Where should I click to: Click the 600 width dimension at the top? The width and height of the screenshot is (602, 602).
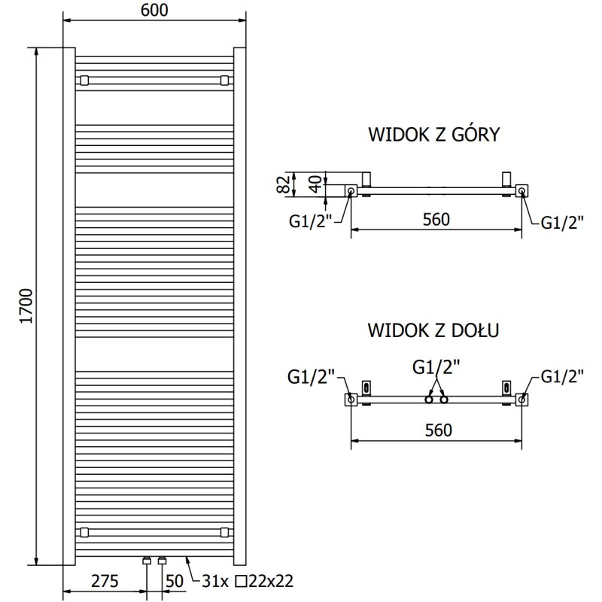point(154,10)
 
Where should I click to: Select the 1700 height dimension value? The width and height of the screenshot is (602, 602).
point(26,305)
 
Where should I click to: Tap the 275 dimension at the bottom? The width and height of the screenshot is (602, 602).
point(105,581)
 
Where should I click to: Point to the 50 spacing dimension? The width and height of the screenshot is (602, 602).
point(175,581)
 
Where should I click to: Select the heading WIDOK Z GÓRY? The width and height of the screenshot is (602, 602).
point(434,135)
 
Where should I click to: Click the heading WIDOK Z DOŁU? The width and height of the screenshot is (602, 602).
point(434,330)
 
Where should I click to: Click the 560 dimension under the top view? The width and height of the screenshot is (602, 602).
point(436,220)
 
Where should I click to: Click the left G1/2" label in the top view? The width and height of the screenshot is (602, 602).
point(310,221)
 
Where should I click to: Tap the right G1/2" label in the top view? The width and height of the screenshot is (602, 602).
point(564,221)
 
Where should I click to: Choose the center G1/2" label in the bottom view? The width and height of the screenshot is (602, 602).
point(436,367)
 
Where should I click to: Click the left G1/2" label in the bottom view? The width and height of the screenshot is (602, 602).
point(310,377)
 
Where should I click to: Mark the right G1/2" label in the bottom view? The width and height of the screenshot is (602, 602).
point(564,377)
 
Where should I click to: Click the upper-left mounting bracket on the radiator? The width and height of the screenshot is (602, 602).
point(84,80)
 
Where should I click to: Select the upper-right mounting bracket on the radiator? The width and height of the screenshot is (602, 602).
point(224,80)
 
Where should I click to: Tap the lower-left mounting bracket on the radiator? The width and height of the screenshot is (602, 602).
point(84,532)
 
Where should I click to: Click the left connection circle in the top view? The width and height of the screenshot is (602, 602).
point(351,192)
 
